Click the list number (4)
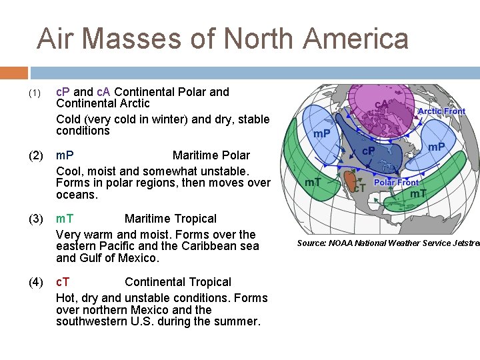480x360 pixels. [36, 283]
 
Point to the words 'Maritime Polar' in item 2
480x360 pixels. [211, 155]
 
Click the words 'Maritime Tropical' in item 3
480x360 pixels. [170, 219]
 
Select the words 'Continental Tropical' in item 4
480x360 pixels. [177, 283]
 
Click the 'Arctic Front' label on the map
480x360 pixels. [441, 111]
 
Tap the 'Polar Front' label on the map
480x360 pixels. [396, 182]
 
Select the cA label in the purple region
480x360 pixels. [382, 105]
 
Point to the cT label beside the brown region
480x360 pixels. [358, 189]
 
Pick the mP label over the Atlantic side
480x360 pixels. [437, 147]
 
